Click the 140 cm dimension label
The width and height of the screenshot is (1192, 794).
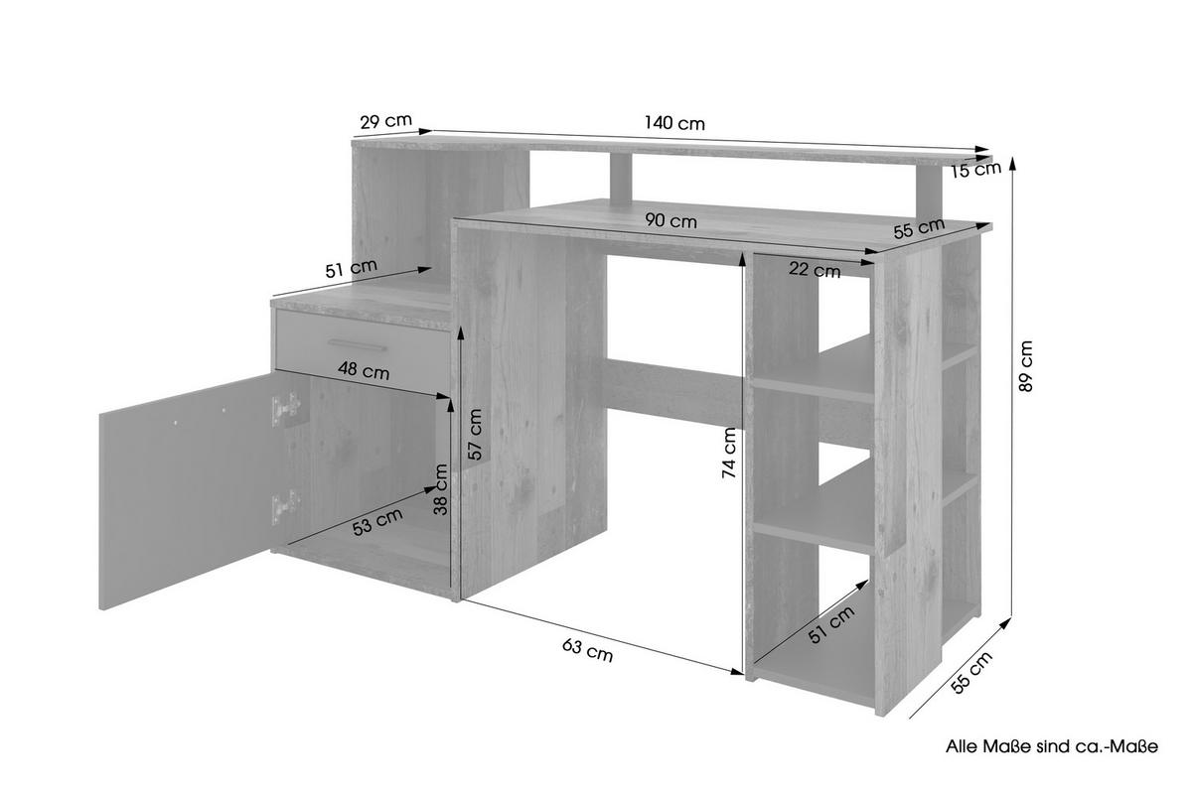[674, 124]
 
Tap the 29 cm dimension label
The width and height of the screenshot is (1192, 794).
[385, 122]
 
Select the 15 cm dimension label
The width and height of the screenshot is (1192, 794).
[974, 170]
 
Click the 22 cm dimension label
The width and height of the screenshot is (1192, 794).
[815, 268]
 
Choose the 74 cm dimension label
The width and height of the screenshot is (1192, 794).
[730, 454]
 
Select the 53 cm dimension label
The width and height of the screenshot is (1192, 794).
[378, 521]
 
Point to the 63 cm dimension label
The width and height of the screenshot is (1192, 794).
[587, 650]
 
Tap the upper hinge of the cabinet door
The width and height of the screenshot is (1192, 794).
[286, 408]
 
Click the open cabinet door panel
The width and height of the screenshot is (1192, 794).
[184, 492]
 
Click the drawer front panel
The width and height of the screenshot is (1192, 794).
[363, 343]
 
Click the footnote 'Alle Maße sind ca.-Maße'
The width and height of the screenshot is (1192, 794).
[1051, 745]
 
